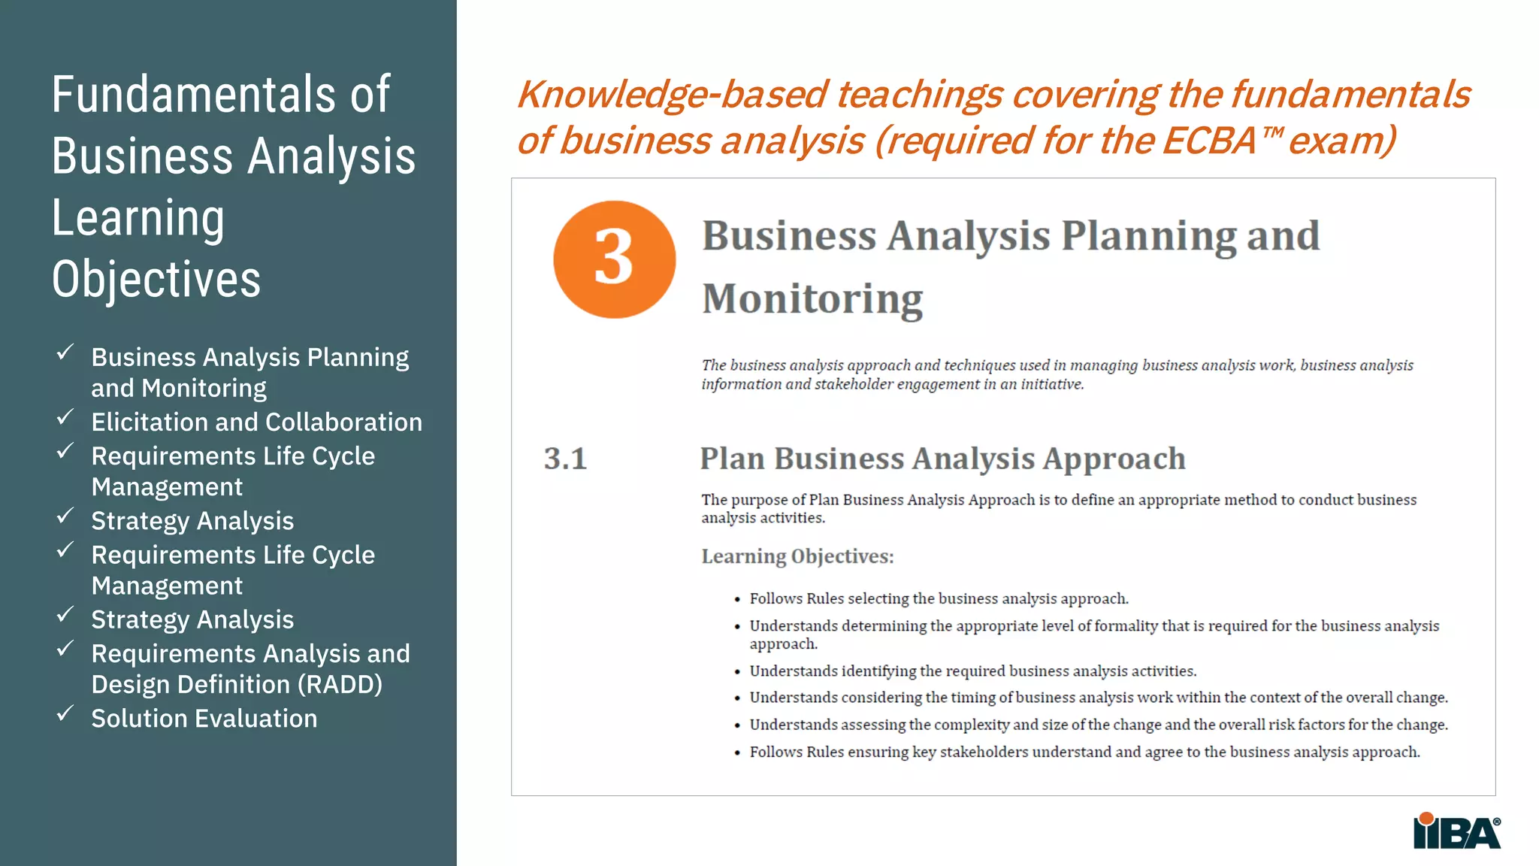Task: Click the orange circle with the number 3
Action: point(614,259)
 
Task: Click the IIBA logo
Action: point(1456,831)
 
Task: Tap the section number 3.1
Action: point(565,459)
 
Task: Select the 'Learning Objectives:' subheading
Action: point(797,556)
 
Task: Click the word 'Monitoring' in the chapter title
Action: point(812,299)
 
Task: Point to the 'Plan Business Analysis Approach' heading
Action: point(942,459)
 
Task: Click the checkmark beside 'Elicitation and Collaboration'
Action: point(65,417)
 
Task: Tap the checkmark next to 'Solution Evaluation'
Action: point(65,713)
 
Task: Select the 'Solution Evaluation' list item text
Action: point(204,719)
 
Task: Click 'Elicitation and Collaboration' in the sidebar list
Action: point(256,422)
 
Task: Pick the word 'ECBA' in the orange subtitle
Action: point(1209,141)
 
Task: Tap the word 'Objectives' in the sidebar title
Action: point(156,280)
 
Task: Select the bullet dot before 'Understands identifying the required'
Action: point(737,671)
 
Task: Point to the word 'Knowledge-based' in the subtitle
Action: point(673,95)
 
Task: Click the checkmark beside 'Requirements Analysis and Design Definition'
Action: point(65,648)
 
